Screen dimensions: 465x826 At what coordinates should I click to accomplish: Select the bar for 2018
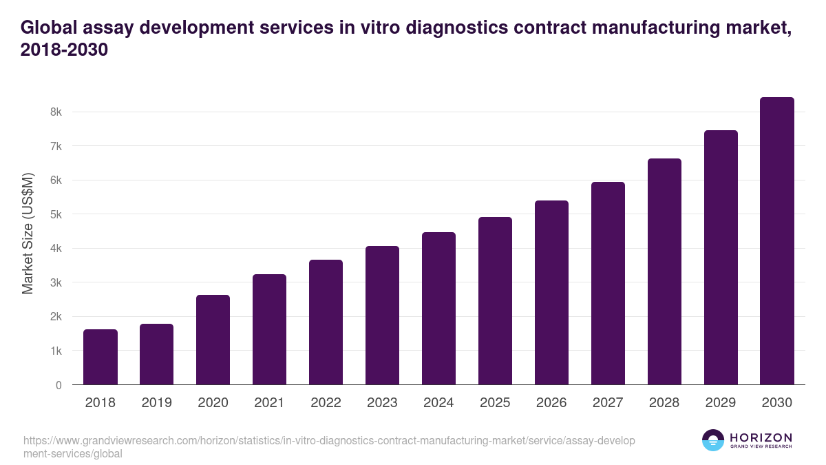(x=100, y=357)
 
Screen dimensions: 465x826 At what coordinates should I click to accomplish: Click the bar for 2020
(x=213, y=340)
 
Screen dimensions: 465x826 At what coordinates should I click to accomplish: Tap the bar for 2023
(x=382, y=315)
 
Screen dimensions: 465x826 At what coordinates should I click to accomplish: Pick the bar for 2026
(x=551, y=292)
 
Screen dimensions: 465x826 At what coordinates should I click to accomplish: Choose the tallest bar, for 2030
(x=777, y=240)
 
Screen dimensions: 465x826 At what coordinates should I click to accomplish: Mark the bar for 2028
(x=664, y=271)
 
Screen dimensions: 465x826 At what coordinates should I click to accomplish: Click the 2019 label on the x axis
(x=156, y=403)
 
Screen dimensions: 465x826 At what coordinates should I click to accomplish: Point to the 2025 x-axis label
(x=495, y=403)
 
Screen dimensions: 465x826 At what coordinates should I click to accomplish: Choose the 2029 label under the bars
(x=721, y=403)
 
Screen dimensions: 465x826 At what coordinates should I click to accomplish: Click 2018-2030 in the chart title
(x=65, y=50)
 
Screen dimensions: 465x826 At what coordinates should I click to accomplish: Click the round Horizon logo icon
(x=712, y=440)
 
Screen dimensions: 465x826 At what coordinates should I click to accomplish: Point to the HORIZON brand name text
(x=761, y=437)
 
